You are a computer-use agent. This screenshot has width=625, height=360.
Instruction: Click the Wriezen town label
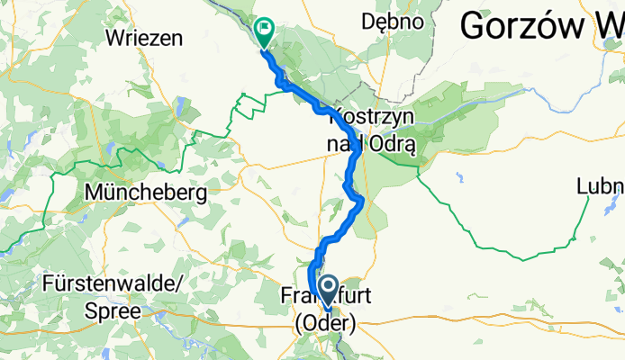tap(143, 38)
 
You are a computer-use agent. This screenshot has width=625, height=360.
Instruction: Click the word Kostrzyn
tap(374, 116)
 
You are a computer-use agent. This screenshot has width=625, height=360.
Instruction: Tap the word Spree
tap(114, 310)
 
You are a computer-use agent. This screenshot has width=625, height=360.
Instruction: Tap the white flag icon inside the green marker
tap(265, 28)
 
